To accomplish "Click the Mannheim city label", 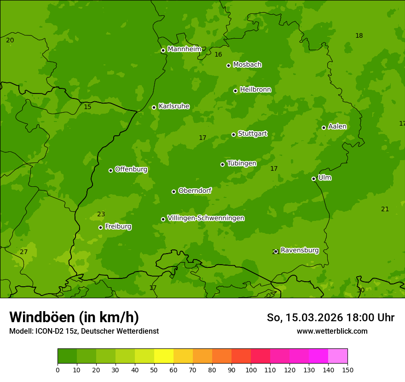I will pyautogui.click(x=184, y=49).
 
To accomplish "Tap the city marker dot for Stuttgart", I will pyautogui.click(x=233, y=134).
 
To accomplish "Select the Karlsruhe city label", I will pyautogui.click(x=174, y=106).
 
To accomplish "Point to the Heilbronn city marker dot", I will pyautogui.click(x=235, y=91).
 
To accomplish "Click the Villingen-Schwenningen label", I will pyautogui.click(x=206, y=218).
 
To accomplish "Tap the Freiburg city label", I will pyautogui.click(x=118, y=226).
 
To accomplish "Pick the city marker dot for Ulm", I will pyautogui.click(x=313, y=179).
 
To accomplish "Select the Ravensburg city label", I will pyautogui.click(x=300, y=250).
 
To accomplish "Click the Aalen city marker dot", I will pyautogui.click(x=324, y=127).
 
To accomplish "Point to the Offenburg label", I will pyautogui.click(x=131, y=169).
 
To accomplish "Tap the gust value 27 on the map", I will pyautogui.click(x=24, y=252).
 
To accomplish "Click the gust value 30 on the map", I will pyautogui.click(x=361, y=290).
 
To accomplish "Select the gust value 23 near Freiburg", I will pyautogui.click(x=101, y=214).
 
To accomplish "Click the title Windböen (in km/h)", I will pyautogui.click(x=74, y=317).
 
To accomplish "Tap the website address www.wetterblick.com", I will pyautogui.click(x=332, y=331).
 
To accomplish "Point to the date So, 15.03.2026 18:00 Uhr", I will pyautogui.click(x=330, y=318).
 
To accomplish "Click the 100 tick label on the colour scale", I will pyautogui.click(x=251, y=370).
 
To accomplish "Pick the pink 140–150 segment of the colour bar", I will pyautogui.click(x=338, y=356).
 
